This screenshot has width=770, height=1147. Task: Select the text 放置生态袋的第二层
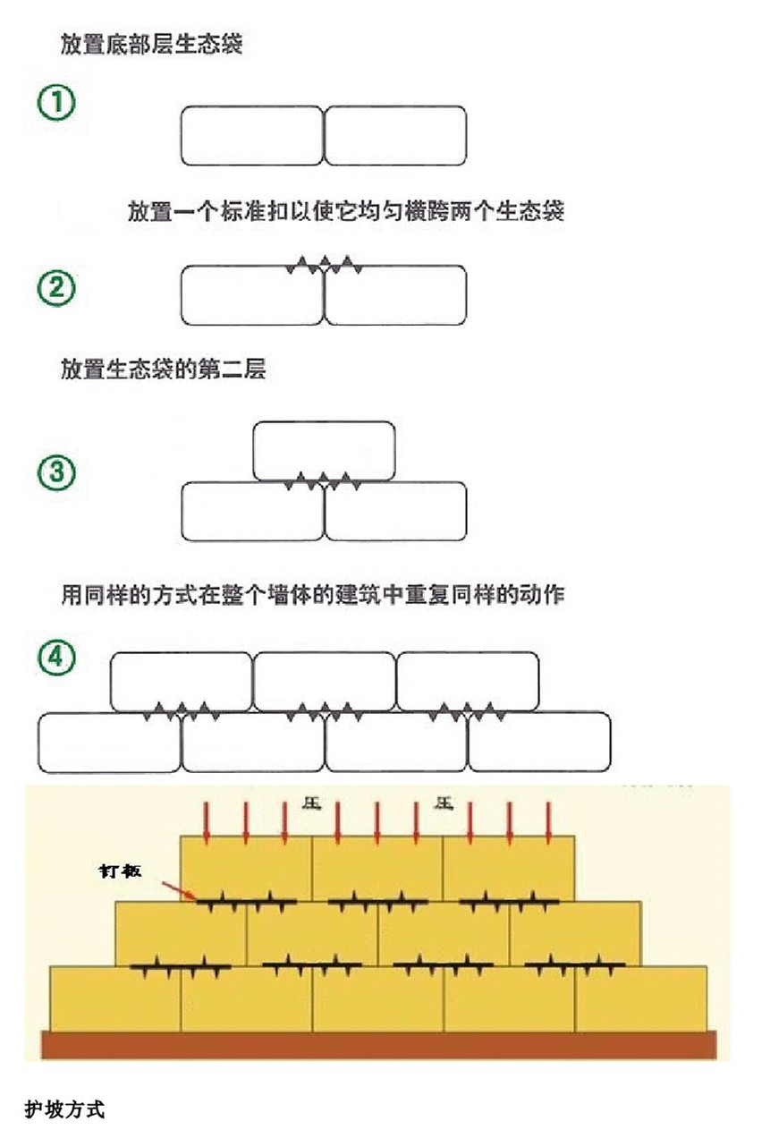pos(164,370)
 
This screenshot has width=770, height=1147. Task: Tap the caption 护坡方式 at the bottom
pos(65,1110)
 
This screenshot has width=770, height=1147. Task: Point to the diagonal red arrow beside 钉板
pos(179,888)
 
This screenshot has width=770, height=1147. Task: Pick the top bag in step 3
pos(324,449)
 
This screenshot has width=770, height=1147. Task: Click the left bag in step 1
pos(251,135)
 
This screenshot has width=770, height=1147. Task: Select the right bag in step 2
pos(395,295)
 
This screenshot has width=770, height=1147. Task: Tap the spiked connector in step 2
pos(324,265)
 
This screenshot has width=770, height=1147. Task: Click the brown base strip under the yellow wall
pos(379,1044)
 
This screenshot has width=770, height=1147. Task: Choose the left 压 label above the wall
pos(311,803)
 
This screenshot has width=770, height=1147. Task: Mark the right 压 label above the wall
pos(444,803)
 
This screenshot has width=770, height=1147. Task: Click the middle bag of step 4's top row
pos(324,682)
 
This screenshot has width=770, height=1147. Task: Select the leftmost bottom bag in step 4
pos(109,742)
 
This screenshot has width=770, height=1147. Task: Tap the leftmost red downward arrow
pos(207,821)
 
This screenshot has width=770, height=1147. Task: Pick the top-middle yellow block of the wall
pos(377,868)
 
